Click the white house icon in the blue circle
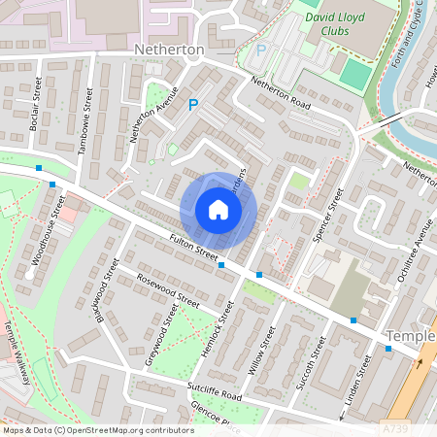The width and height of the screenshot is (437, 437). click(x=218, y=210)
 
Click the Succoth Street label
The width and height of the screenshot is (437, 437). click(x=309, y=360)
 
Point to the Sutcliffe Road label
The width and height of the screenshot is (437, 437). click(x=214, y=395)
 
